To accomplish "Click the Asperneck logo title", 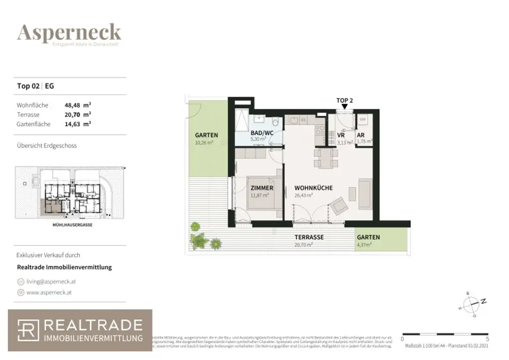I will (69, 33).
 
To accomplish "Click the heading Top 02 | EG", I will (36, 86).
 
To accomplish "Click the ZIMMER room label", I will (261, 188).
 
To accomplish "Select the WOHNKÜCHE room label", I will (313, 188).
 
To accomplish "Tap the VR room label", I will (341, 135).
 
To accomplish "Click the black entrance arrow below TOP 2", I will (344, 107).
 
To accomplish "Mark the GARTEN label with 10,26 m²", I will (206, 135).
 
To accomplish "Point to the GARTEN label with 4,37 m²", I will (368, 238).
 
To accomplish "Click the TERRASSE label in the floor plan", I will (309, 238).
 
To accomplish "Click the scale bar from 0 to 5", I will (445, 334).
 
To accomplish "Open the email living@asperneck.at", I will (51, 281).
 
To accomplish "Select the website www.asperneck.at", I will (49, 293).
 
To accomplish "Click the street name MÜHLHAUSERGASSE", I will (69, 225).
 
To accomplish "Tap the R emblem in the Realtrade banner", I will (28, 331).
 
